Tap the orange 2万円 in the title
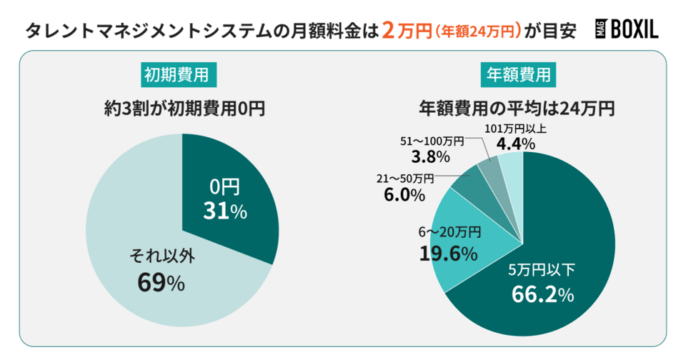pos(407,30)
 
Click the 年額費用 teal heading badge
pos(518,74)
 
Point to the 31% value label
pos(224,211)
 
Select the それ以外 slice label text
pos(161,254)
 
